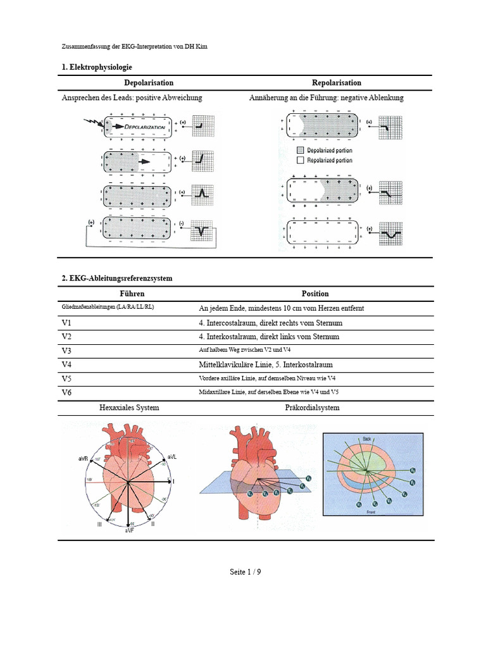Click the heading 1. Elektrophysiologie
[x=97, y=67]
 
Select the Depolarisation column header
[x=149, y=83]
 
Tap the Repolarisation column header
[x=337, y=83]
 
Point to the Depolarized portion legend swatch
[x=301, y=151]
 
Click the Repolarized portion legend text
[x=330, y=160]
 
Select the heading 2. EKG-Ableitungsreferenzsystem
[x=117, y=278]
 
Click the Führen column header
[x=132, y=294]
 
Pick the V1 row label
[x=67, y=323]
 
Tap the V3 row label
[x=67, y=351]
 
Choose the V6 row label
[x=67, y=393]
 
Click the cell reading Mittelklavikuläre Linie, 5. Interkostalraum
[x=266, y=365]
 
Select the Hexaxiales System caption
[x=129, y=408]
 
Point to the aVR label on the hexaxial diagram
[x=83, y=457]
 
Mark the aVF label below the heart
[x=128, y=530]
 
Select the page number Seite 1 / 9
[x=246, y=572]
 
